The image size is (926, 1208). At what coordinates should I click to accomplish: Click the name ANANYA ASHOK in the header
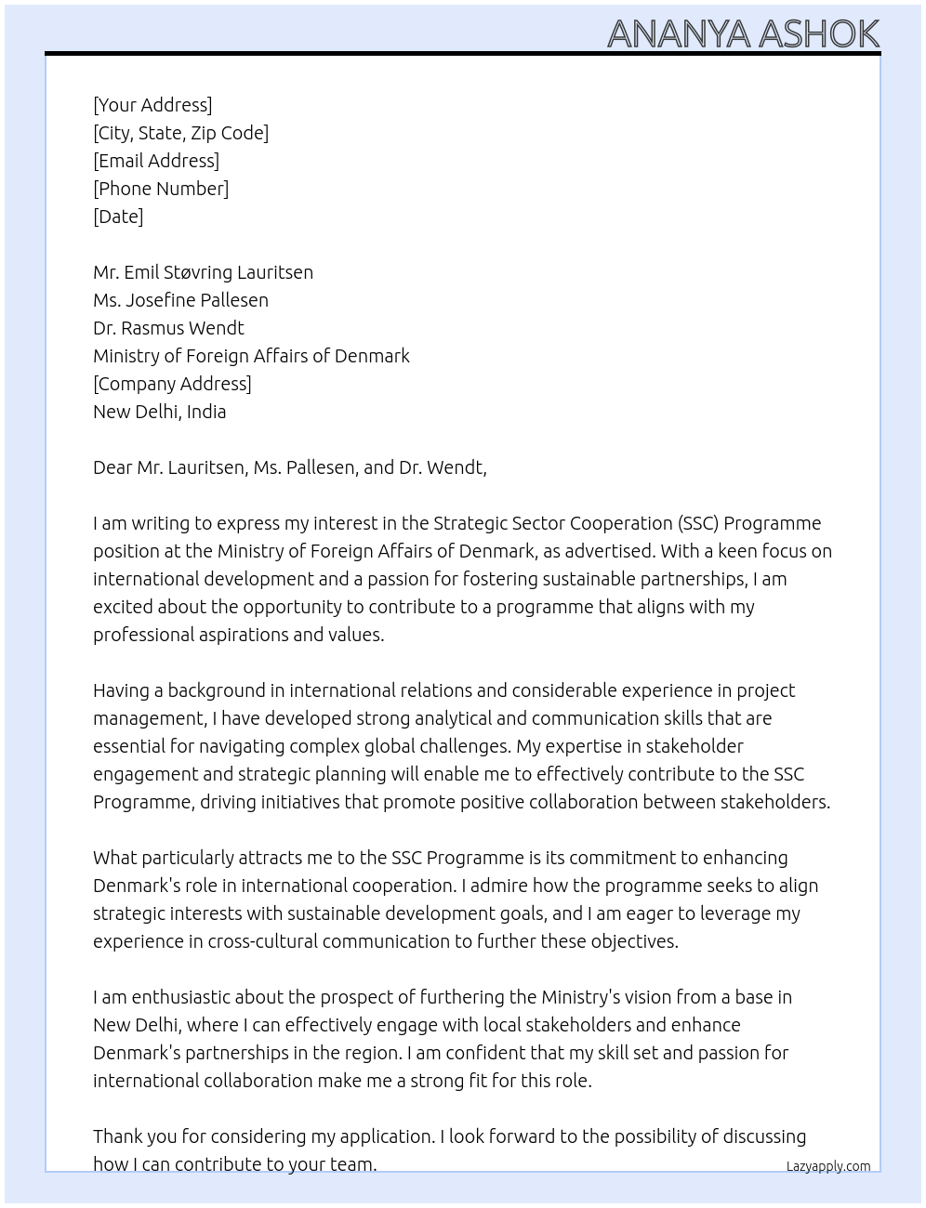[743, 34]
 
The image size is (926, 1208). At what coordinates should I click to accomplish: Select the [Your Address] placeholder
[152, 105]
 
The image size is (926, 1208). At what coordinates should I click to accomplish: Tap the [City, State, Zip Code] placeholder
[180, 133]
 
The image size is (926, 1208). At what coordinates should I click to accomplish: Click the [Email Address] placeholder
[156, 161]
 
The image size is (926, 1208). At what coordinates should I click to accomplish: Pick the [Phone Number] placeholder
[161, 189]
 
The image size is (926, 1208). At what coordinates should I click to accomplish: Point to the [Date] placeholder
[118, 217]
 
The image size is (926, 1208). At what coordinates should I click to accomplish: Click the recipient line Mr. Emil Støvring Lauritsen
[203, 272]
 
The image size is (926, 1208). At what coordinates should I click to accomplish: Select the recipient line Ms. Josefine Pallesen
[180, 300]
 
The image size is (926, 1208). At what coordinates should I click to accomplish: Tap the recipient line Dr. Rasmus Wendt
[168, 328]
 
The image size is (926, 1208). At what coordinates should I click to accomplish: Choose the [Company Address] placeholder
[172, 384]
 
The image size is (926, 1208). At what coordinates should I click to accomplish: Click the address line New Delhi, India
[159, 412]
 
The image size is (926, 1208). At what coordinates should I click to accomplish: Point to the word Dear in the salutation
[112, 467]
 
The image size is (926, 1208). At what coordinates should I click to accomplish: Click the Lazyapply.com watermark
[827, 1166]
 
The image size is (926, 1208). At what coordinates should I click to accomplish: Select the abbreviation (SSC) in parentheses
[698, 523]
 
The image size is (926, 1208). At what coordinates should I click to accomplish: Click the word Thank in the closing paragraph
[120, 1136]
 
